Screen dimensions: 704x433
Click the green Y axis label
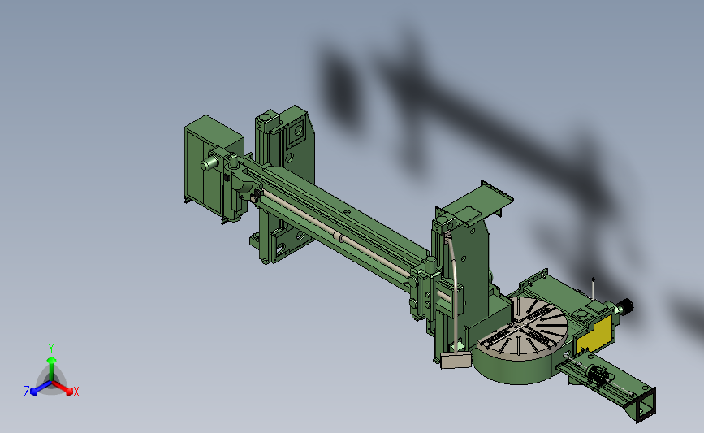click(51, 349)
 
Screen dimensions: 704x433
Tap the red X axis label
click(76, 392)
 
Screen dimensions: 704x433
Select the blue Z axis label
click(27, 392)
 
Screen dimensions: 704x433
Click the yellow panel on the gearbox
click(594, 335)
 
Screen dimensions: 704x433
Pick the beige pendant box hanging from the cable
click(456, 360)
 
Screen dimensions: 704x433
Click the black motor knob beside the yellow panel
click(625, 306)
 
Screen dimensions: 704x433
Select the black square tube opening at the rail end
click(646, 405)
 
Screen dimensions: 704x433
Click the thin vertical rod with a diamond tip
click(593, 290)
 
